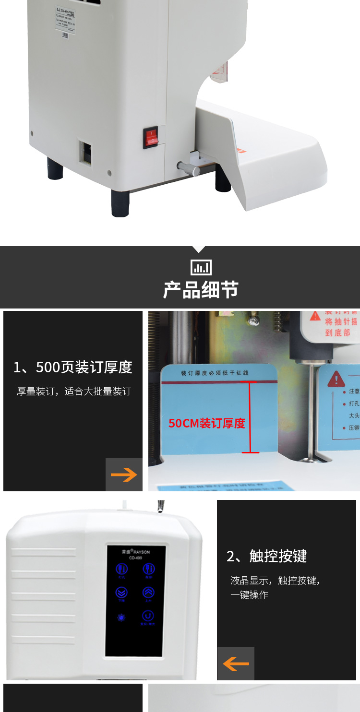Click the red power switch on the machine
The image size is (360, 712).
151,137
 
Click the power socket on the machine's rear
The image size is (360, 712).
85,153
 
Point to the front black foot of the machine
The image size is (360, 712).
120,203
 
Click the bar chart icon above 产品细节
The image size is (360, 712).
201,267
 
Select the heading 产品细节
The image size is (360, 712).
201,290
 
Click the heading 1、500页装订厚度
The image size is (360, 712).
73,367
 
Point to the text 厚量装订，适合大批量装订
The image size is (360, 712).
73,392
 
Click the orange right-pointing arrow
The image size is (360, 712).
124,475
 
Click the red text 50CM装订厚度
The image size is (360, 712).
207,423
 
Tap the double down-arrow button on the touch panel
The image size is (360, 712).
122,593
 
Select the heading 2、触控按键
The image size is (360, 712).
266,556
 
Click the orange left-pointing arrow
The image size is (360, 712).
236,664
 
